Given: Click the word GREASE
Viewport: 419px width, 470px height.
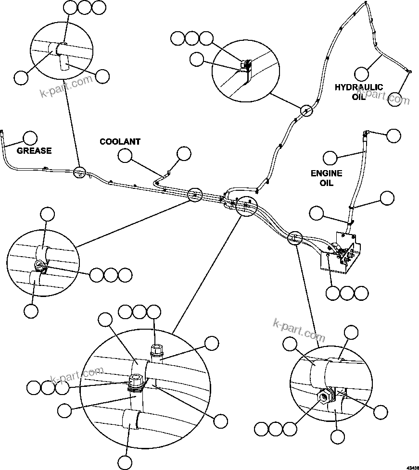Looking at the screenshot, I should pyautogui.click(x=34, y=151).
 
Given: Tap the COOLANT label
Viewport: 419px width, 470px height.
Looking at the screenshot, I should pyautogui.click(x=120, y=142).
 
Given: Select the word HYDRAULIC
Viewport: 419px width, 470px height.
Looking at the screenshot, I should pyautogui.click(x=359, y=87).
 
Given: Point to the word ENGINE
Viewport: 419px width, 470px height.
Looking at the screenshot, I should pyautogui.click(x=326, y=173).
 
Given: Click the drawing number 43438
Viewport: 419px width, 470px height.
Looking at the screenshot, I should pyautogui.click(x=412, y=467).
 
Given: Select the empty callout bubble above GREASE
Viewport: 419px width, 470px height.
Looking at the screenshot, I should pyautogui.click(x=30, y=138).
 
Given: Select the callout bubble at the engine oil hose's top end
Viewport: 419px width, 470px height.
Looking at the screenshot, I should pyautogui.click(x=394, y=135).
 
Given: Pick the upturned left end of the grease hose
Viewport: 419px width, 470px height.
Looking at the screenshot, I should pyautogui.click(x=2, y=133).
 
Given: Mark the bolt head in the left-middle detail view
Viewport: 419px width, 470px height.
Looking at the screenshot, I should pyautogui.click(x=38, y=264).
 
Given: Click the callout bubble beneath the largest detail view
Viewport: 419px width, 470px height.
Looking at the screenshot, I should pyautogui.click(x=125, y=462).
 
